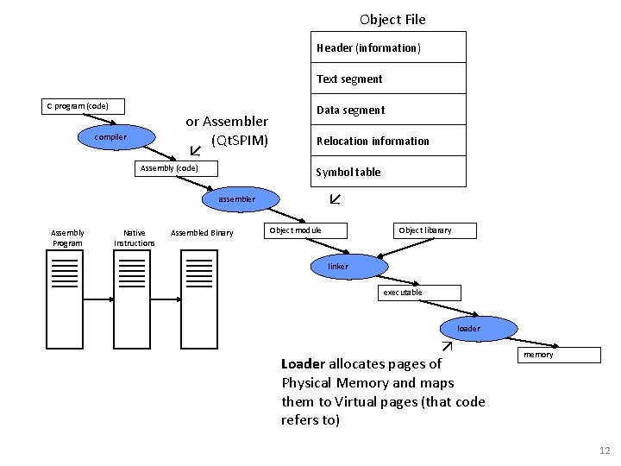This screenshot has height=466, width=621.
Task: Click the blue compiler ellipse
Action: point(116,137)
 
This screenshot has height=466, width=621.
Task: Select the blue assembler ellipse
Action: point(241,199)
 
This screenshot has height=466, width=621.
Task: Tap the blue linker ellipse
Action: point(349,267)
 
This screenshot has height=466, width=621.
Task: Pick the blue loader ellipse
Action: point(479,329)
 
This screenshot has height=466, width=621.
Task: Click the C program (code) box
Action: point(83,107)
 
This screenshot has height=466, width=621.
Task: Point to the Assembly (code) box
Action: point(176,168)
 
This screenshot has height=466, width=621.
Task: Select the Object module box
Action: point(305,230)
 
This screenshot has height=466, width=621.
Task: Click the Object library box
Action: point(435,230)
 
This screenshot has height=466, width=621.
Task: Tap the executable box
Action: point(419,293)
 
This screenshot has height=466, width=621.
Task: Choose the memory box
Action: point(559,355)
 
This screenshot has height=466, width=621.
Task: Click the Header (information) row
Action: point(388,47)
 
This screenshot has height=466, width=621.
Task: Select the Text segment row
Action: point(388,78)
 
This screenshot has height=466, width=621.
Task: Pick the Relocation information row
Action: point(388,141)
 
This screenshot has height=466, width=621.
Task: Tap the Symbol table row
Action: point(388,171)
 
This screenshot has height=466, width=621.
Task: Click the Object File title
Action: point(392,20)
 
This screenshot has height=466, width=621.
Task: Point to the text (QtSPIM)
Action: point(240,141)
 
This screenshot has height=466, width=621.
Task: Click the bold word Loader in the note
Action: point(304,364)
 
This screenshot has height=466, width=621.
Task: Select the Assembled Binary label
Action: point(202,233)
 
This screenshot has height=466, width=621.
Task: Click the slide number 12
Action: point(605,450)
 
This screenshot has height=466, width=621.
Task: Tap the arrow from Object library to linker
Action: point(405,248)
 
